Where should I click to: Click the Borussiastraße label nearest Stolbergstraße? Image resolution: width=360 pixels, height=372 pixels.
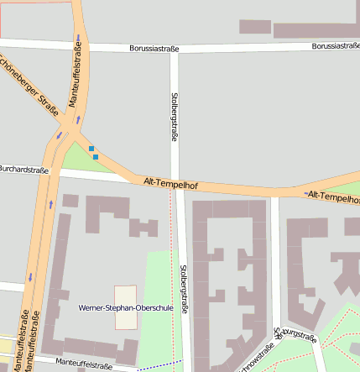[154, 49]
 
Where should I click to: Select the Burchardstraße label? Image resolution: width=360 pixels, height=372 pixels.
[23, 169]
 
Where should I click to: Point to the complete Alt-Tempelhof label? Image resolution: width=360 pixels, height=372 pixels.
[170, 181]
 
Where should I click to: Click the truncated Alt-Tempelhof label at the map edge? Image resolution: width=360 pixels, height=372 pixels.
[332, 196]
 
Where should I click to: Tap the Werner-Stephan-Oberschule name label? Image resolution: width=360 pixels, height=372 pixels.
[125, 308]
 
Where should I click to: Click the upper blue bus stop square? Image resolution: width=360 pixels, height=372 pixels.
[91, 149]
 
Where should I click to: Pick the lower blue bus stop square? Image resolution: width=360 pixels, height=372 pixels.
[96, 157]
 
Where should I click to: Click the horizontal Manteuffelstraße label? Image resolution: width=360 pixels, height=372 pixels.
[84, 364]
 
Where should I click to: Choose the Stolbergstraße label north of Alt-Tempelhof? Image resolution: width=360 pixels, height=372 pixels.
[175, 116]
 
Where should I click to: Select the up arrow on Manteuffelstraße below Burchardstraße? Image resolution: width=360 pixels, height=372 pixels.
[50, 204]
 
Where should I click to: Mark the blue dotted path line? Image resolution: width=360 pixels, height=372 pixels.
[159, 366]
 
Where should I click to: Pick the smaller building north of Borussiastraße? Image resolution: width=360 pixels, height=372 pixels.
[255, 26]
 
